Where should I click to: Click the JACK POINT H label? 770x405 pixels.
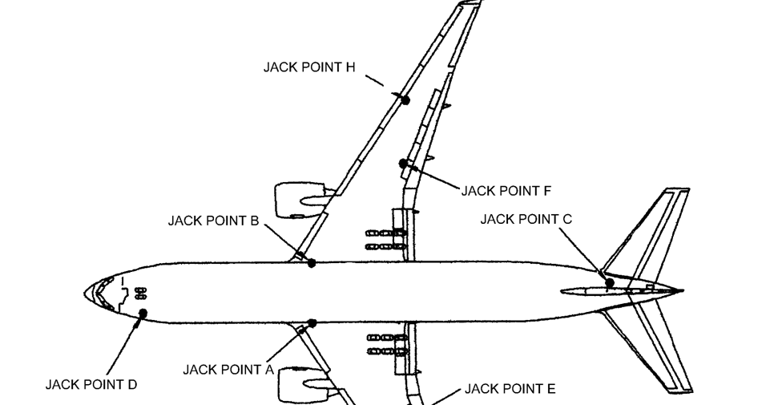(x=309, y=67)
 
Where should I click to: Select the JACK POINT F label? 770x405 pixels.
(x=506, y=191)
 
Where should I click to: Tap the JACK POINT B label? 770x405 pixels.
(x=213, y=221)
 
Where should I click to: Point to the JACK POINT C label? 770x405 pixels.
(x=526, y=218)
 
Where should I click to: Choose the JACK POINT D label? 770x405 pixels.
(x=91, y=384)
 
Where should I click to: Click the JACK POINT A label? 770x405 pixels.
(x=228, y=370)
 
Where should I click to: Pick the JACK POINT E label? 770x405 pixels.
(x=510, y=390)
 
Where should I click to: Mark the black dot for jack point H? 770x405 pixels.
(x=405, y=100)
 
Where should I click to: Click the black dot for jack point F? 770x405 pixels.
(x=403, y=164)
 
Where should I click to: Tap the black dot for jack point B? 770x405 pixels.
(x=312, y=263)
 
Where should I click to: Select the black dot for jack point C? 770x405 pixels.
(x=610, y=282)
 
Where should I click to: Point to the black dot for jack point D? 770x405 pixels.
(x=143, y=313)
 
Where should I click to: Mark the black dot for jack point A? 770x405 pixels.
(x=312, y=323)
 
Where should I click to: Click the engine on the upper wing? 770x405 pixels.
(x=301, y=198)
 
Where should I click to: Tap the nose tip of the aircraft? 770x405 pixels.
(x=85, y=293)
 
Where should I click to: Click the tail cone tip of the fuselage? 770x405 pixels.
(x=682, y=290)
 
